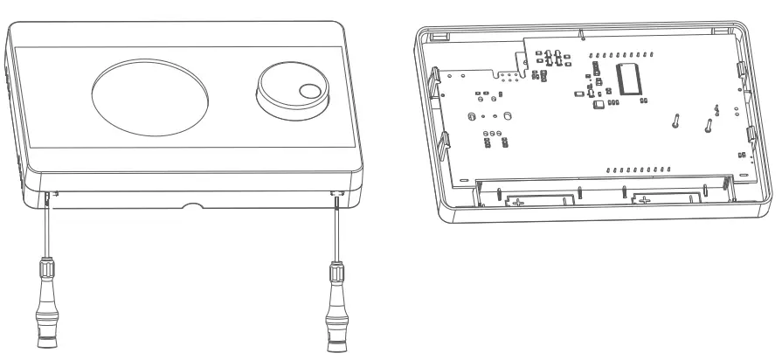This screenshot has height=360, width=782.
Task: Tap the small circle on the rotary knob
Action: point(309,91)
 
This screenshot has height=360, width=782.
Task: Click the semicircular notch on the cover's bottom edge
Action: point(190,206)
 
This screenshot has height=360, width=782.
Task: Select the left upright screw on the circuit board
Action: point(675,120)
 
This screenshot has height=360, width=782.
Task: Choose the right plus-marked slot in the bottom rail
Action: point(647,201)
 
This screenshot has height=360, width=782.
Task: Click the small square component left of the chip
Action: point(599,105)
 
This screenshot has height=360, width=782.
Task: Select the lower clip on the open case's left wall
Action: point(444,140)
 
